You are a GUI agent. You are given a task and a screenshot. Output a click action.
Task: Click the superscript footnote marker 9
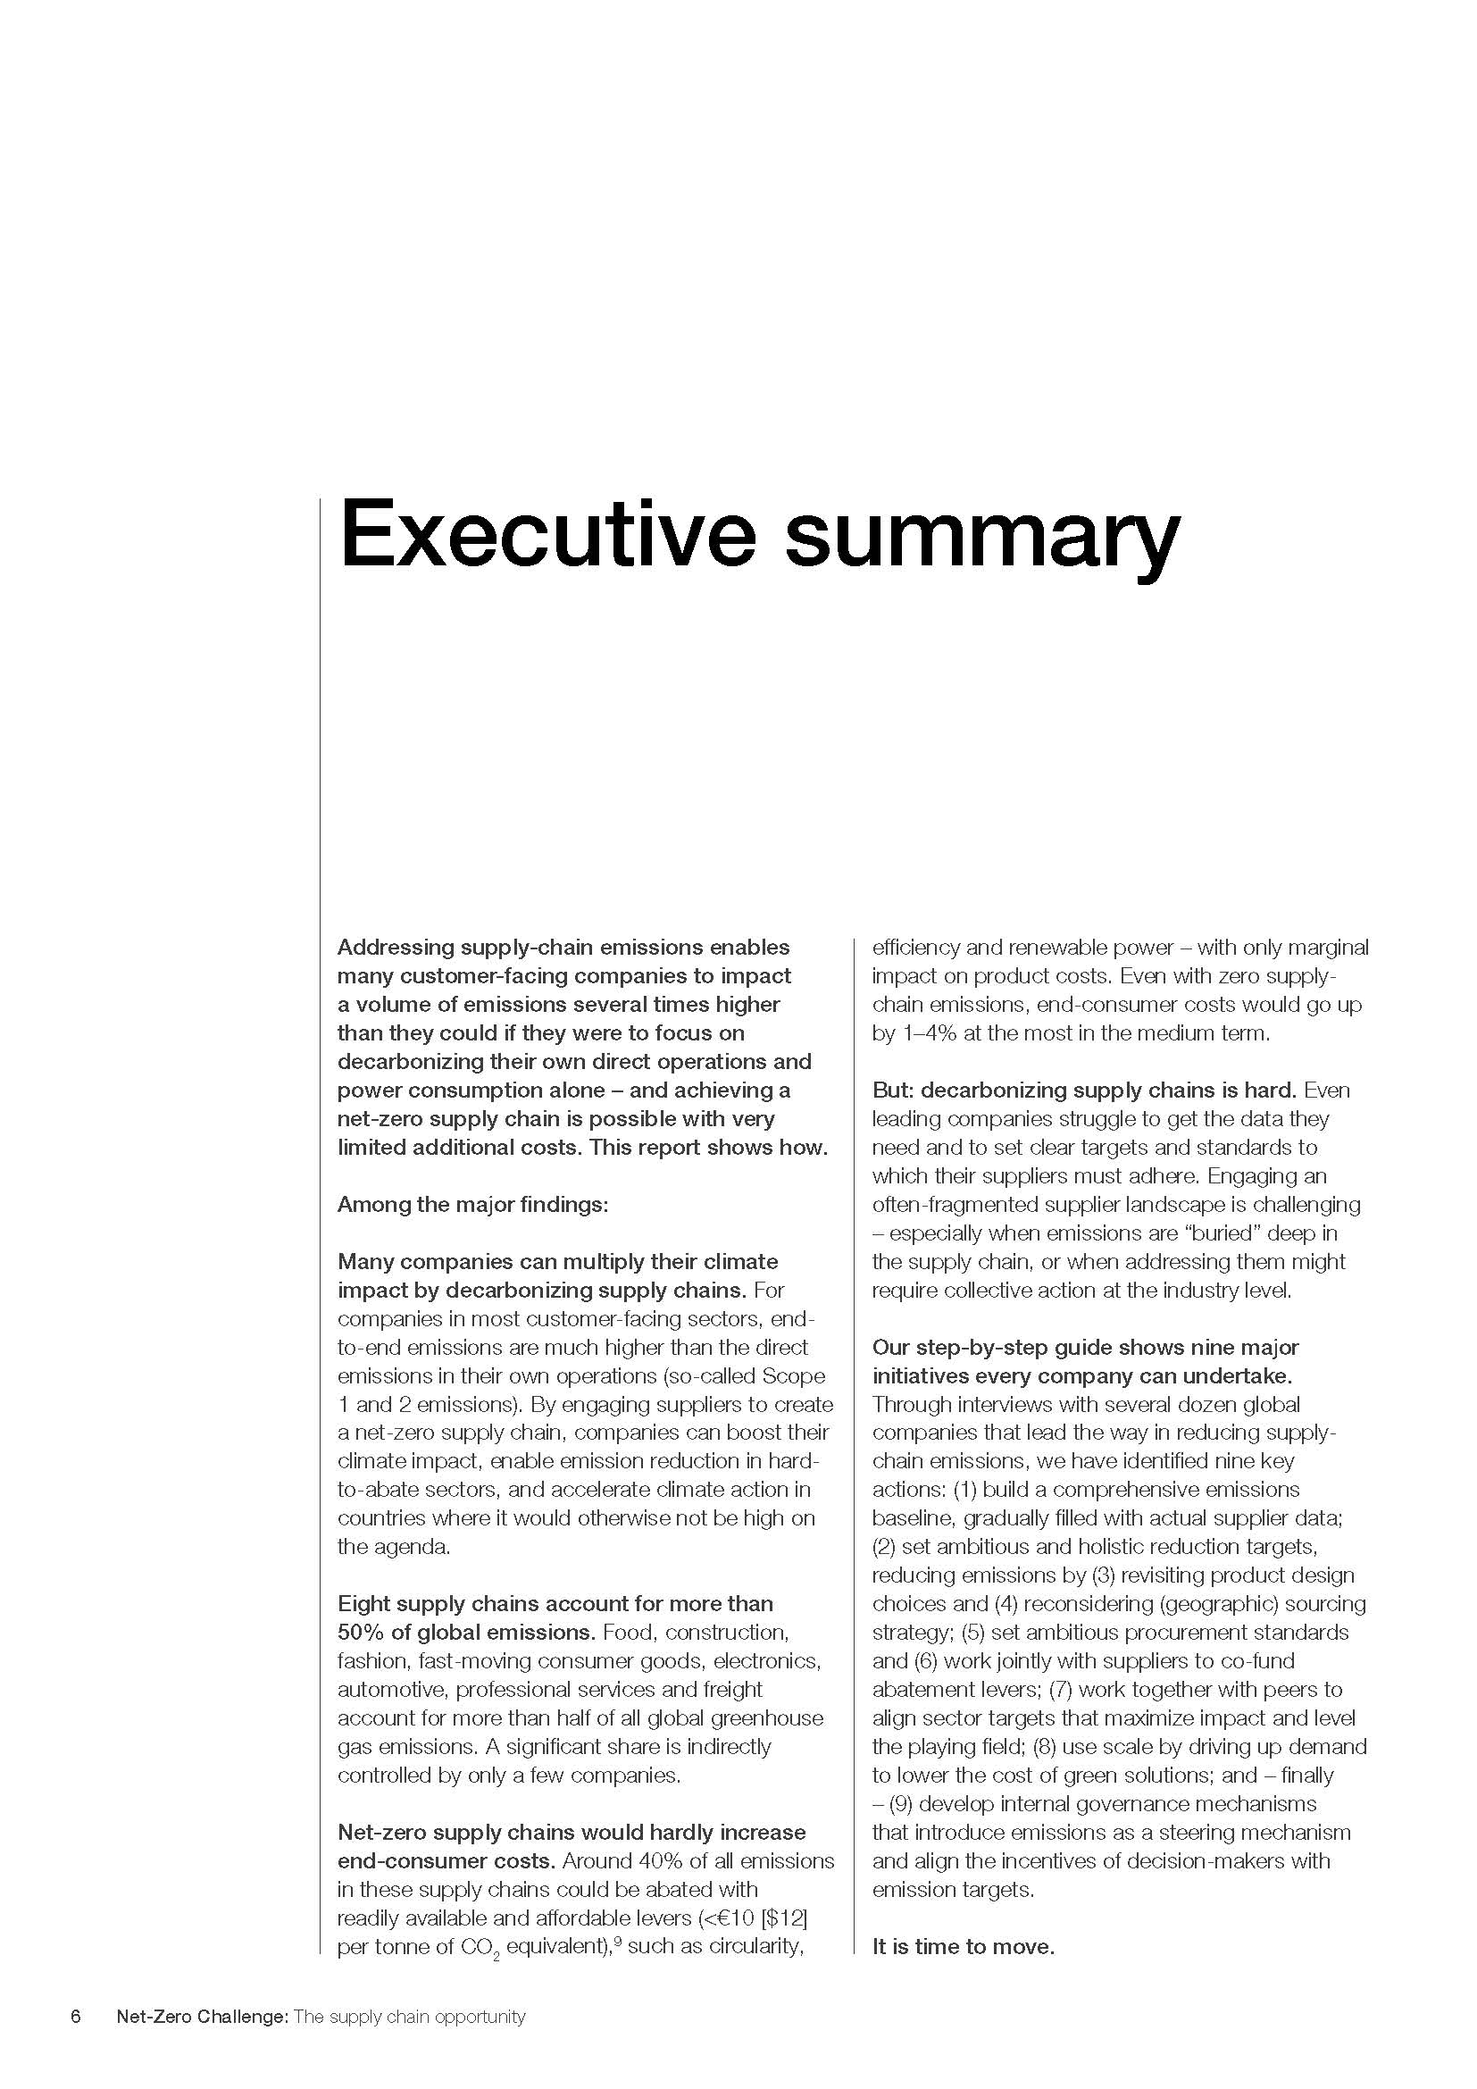pos(617,1941)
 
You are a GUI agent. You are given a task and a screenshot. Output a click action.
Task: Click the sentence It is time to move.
pos(964,1946)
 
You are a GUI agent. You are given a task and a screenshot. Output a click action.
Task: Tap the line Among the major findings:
pos(472,1205)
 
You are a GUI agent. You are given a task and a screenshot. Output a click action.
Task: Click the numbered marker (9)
pos(901,1803)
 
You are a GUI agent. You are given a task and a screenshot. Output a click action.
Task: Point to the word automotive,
pos(392,1690)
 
